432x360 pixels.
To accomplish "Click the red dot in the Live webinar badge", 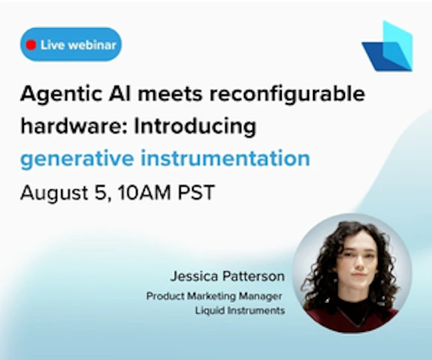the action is click(x=31, y=45).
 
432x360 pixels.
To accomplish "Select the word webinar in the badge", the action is click(x=92, y=45).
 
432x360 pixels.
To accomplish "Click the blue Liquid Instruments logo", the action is click(x=387, y=46).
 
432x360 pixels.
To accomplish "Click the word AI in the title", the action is click(x=120, y=94).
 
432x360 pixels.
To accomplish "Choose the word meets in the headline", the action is click(x=171, y=94).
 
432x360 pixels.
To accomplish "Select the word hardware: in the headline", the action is click(x=74, y=126).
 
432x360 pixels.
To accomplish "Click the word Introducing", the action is click(x=195, y=127).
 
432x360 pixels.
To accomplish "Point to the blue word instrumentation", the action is click(x=225, y=158).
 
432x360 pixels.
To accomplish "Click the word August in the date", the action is click(x=54, y=193).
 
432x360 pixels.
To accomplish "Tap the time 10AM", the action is click(x=144, y=192).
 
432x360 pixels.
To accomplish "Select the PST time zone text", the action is click(x=196, y=192).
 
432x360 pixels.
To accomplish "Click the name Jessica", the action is click(x=194, y=276).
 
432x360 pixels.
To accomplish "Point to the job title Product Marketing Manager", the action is click(x=214, y=296).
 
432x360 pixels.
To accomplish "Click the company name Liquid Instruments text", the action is click(x=240, y=310).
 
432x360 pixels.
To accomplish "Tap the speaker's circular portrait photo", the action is click(x=352, y=273).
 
